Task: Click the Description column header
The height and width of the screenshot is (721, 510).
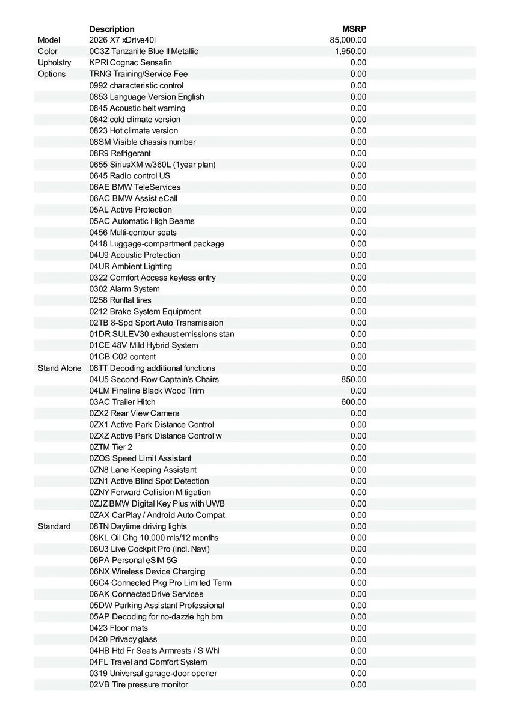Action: (x=112, y=29)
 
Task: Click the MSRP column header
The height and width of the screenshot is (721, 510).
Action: (x=354, y=29)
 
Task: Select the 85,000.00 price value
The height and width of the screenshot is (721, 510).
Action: (x=348, y=40)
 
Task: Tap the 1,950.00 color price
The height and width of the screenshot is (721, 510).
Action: (x=351, y=52)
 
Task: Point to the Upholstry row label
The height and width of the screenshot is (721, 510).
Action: (x=54, y=62)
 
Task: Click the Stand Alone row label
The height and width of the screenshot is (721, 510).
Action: (x=59, y=368)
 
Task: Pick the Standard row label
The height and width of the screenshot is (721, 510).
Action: (x=54, y=526)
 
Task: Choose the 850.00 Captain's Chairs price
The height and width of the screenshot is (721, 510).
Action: (x=354, y=380)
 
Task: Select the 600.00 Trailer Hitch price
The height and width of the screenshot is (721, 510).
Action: (x=354, y=402)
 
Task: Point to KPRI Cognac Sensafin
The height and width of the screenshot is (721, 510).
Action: (x=131, y=62)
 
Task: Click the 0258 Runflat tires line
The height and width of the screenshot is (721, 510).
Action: (x=120, y=300)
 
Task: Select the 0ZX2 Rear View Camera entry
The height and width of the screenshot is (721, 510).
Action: (x=134, y=413)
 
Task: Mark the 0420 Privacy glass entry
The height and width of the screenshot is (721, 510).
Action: (x=123, y=639)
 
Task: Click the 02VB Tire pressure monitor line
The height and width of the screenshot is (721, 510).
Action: (x=138, y=684)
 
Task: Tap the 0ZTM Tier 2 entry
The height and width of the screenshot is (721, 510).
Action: (x=111, y=447)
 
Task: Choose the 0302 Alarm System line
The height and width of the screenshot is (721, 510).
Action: (x=124, y=289)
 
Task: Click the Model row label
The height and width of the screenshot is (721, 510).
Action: (x=49, y=40)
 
